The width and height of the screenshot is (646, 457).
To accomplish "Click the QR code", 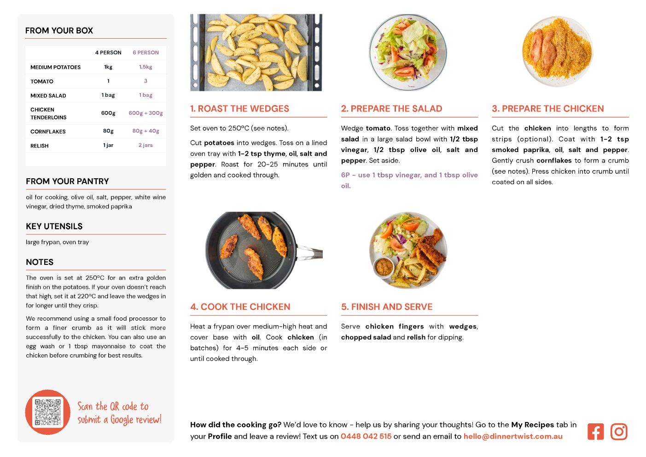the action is pos(47,412).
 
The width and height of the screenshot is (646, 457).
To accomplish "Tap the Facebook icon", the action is pos(595,432).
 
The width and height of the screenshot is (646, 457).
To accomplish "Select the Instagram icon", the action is pos(619,432).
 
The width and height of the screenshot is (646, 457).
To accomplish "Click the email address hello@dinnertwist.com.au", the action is pos(513,436).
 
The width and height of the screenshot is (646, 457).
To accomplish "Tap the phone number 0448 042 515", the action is pos(366,436).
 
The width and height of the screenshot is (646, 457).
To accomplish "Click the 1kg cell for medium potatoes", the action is pos(108,67).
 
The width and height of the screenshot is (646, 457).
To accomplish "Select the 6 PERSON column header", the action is pos(145,53).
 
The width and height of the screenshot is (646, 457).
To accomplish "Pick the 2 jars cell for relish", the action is pos(145,145).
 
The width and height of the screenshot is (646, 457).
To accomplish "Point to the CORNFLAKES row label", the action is pos(48,132).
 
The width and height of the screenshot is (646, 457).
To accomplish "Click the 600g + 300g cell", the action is pos(145,113).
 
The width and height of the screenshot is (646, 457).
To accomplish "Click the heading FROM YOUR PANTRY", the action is pos(67,181).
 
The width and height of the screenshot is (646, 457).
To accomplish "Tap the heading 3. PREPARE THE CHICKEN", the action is pos(547,108).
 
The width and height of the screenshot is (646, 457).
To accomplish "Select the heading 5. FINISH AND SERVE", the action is pos(387,307).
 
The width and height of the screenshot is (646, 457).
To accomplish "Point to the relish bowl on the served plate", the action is pos(384,267).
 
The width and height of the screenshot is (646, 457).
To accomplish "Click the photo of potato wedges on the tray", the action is pos(256,53).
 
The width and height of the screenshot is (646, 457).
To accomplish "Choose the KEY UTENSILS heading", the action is pos(54,226).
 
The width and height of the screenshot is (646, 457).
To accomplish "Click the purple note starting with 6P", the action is pos(409,180).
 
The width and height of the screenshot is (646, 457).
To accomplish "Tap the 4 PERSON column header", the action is pos(108,53).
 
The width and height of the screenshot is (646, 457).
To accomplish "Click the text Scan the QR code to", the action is pos(113,406).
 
